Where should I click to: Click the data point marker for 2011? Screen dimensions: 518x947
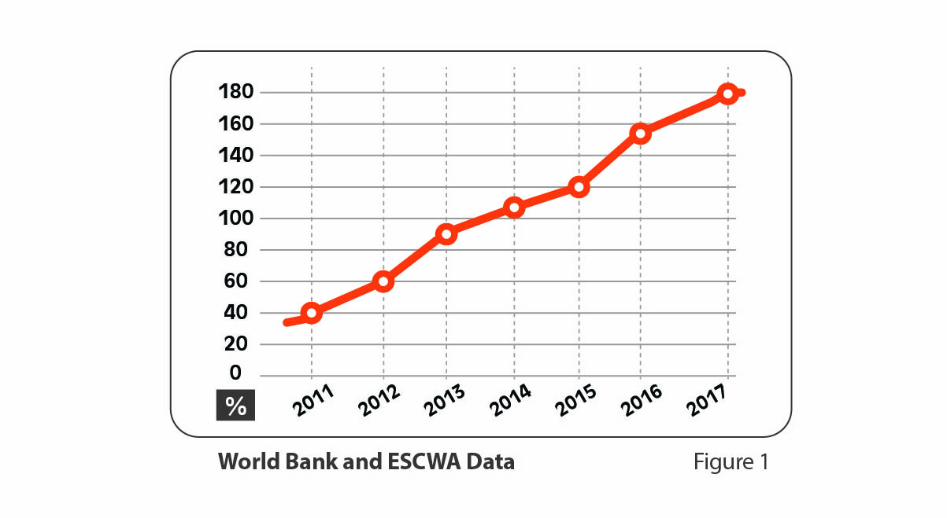312,313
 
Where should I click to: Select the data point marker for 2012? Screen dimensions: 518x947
383,281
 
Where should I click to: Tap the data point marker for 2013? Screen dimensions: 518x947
446,234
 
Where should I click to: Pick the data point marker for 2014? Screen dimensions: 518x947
514,208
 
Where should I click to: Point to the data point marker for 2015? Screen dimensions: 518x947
579,187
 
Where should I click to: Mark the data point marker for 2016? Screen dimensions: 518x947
641,133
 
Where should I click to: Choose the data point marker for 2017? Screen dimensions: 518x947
728,94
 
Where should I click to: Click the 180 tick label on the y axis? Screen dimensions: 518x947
235,93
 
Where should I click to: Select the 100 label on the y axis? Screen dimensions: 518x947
235,219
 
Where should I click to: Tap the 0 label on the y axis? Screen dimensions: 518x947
235,374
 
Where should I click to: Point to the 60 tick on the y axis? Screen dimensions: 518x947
235,281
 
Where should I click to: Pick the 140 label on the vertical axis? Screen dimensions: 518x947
235,156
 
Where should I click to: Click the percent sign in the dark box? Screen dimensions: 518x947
235,406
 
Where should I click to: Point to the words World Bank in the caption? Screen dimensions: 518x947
271,462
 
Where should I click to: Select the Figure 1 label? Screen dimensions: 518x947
731,462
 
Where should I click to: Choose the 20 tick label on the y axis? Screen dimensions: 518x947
235,344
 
